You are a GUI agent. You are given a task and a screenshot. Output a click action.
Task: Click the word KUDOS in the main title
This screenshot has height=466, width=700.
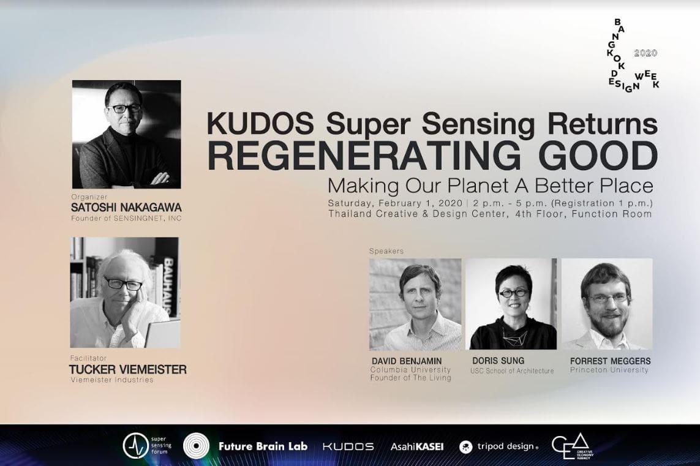[260, 124]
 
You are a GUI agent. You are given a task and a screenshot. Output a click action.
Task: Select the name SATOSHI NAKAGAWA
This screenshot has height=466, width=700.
[126, 208]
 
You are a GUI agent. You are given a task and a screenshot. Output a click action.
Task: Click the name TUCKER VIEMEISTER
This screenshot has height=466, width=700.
[127, 370]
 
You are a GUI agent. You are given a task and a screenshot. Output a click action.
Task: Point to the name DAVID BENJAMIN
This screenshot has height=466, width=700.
[407, 361]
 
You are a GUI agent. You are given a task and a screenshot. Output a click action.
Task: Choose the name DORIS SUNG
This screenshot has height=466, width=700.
[499, 361]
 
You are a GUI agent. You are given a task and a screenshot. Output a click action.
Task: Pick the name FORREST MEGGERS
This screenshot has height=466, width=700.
[610, 361]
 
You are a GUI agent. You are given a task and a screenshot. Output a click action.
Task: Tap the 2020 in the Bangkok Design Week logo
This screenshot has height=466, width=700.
[645, 53]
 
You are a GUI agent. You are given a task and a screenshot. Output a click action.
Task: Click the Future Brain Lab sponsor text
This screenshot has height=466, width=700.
[263, 446]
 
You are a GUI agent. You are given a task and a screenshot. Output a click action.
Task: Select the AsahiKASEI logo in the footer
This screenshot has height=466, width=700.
[417, 446]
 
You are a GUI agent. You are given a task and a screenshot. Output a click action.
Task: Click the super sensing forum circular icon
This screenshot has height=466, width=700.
[135, 446]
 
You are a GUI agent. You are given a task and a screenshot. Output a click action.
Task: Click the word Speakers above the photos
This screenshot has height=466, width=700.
[386, 251]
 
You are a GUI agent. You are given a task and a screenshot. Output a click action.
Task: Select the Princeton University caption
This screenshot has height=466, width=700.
[609, 370]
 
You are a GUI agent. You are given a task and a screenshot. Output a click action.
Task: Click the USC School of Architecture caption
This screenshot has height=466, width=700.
[512, 370]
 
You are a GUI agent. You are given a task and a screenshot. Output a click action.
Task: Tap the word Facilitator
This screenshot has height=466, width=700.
[88, 358]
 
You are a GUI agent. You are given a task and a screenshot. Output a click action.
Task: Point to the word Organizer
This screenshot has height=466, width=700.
[89, 197]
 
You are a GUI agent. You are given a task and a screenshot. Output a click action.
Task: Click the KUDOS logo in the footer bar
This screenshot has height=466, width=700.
[348, 446]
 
